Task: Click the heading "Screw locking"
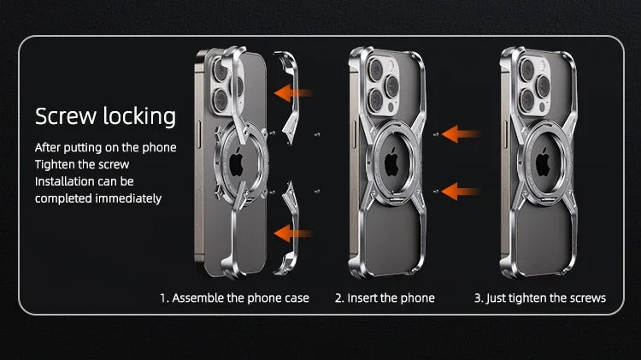pyautogui.click(x=105, y=116)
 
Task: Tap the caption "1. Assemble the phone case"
pyautogui.click(x=234, y=298)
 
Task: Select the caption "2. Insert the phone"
pyautogui.click(x=385, y=298)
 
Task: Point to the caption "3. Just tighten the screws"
pyautogui.click(x=540, y=298)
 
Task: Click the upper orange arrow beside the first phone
pyautogui.click(x=293, y=93)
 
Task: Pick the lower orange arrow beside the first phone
pyautogui.click(x=293, y=233)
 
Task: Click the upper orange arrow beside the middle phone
pyautogui.click(x=462, y=134)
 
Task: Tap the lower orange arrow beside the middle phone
pyautogui.click(x=462, y=192)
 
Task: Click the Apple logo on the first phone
pyautogui.click(x=236, y=162)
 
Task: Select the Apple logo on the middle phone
pyautogui.click(x=391, y=162)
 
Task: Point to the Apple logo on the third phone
pyautogui.click(x=543, y=162)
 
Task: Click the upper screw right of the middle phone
pyautogui.click(x=436, y=134)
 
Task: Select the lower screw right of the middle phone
pyautogui.click(x=436, y=191)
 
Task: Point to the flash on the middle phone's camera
pyautogui.click(x=390, y=66)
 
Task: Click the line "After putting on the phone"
pyautogui.click(x=105, y=148)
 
